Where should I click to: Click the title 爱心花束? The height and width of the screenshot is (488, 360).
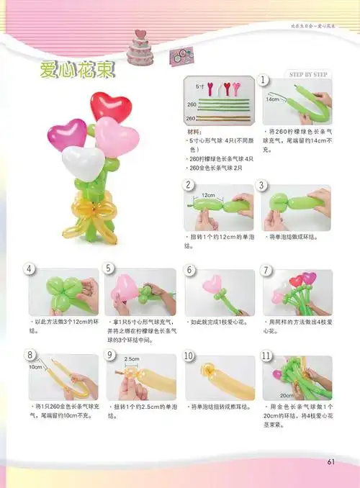click(76, 71)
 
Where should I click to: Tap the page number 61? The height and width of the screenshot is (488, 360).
click(331, 461)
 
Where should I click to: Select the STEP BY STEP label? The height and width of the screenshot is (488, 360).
click(308, 74)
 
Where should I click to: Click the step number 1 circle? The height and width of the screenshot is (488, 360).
click(264, 80)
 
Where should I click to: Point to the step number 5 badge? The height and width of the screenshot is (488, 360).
click(109, 269)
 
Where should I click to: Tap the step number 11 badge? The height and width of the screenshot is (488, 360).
click(265, 355)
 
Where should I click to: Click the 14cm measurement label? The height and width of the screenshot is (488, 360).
click(271, 99)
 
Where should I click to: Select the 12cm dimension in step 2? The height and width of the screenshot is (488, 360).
click(208, 195)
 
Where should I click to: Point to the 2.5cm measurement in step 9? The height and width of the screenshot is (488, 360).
click(131, 358)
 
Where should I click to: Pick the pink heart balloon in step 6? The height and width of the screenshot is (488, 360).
click(212, 285)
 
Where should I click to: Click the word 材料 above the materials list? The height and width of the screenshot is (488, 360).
click(194, 132)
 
